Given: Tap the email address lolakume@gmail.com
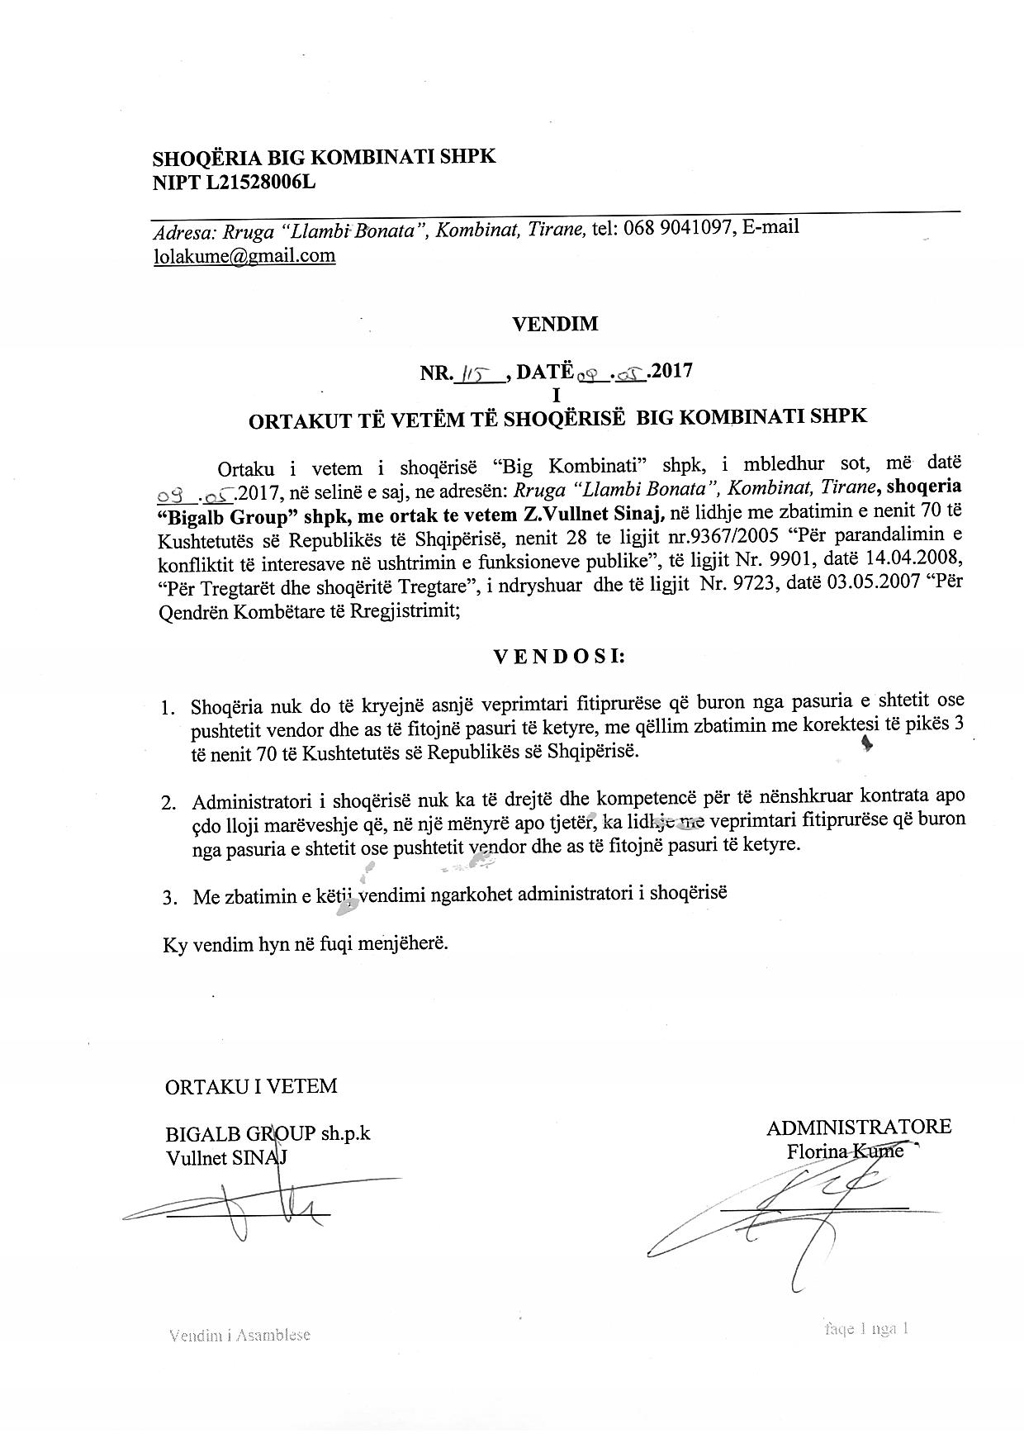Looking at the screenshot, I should click(x=244, y=255).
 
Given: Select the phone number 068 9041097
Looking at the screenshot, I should click(x=676, y=228).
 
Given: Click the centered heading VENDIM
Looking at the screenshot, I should click(x=555, y=325).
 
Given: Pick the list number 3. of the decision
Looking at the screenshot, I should click(x=170, y=898).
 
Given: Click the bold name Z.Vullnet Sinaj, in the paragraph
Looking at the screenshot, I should click(x=593, y=515).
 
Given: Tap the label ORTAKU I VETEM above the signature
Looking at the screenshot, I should click(x=251, y=1085).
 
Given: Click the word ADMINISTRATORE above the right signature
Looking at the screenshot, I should click(x=858, y=1127).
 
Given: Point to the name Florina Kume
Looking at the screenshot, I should click(x=846, y=1151).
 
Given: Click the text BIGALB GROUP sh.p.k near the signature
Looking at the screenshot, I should click(x=268, y=1133).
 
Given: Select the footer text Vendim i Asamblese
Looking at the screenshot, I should click(x=239, y=1335).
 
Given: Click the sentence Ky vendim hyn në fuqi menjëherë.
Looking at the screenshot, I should click(x=306, y=944).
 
